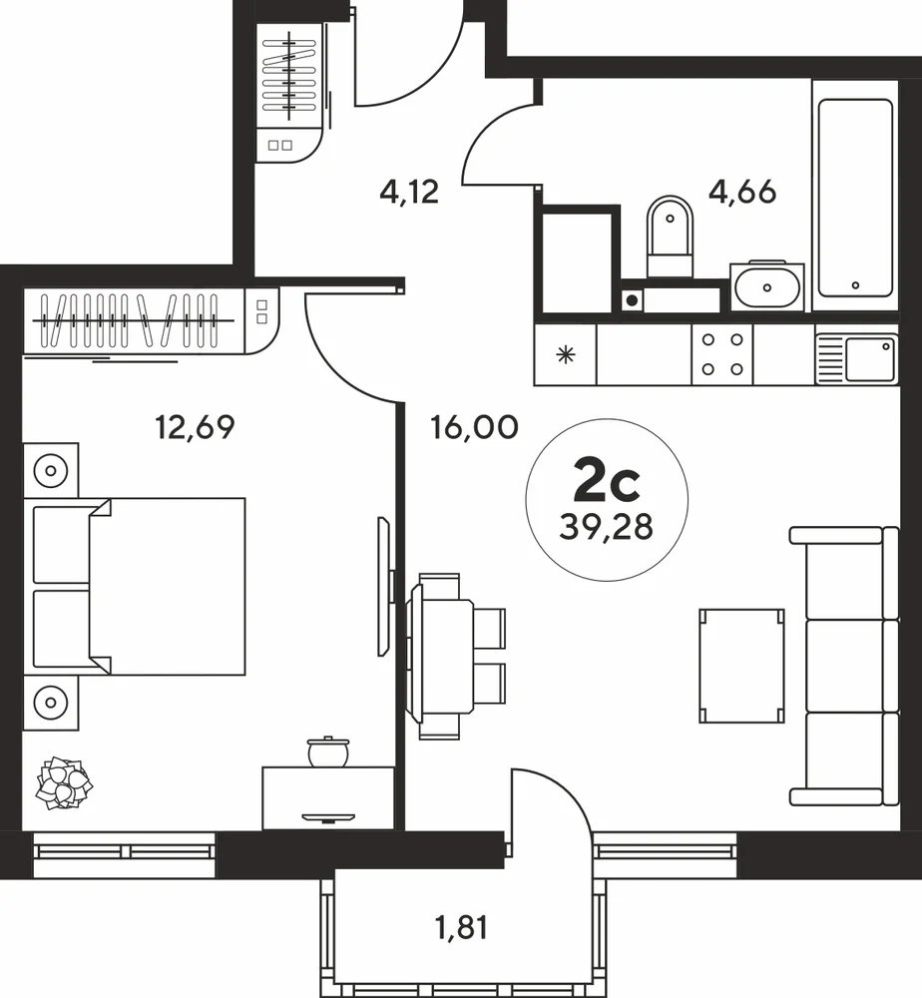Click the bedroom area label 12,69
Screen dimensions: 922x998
pos(195,427)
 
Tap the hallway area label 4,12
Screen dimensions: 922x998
pos(409,191)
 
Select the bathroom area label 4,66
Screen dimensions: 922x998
pos(742,191)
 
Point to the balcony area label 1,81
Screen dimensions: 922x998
pos(462,927)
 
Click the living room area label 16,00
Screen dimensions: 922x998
pos(475,427)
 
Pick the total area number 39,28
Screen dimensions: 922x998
pos(607,527)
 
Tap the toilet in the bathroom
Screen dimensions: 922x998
pos(670,237)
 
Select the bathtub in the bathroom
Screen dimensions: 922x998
pos(855,198)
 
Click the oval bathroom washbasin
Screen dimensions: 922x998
pos(767,287)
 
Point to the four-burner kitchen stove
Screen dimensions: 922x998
pos(722,354)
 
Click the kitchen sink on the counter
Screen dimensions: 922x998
pos(856,359)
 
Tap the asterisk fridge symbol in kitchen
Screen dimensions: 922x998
pos(565,354)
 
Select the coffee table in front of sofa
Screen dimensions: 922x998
pos(741,666)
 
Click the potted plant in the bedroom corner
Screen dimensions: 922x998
pos(64,782)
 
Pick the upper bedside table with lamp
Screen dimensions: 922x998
pos(51,471)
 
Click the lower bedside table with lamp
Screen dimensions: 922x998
pos(51,703)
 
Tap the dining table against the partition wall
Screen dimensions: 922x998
pos(440,657)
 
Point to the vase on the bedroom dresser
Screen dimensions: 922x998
pos(328,751)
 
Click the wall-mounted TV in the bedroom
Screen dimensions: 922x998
pos(384,586)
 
